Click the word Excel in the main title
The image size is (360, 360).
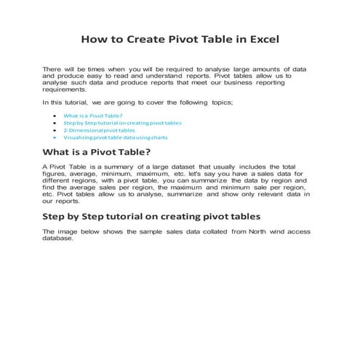259,38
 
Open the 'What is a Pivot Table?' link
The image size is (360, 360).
93,116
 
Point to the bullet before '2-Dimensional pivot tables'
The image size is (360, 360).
57,130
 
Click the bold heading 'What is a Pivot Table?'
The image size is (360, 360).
97,152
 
